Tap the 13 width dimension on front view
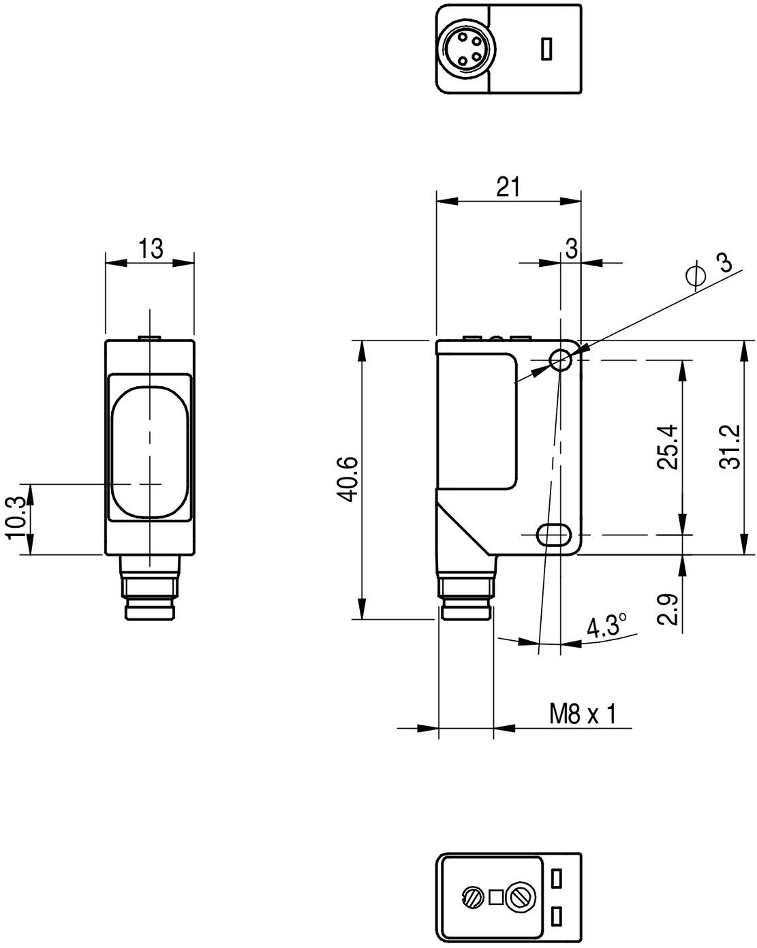coord(151,249)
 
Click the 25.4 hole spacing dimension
coord(668,447)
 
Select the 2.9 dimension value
coord(668,610)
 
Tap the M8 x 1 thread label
coord(583,714)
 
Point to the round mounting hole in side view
coord(561,360)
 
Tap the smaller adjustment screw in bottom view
coord(472,897)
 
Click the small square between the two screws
coord(495,897)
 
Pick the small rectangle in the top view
coord(546,50)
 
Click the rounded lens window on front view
coord(149,452)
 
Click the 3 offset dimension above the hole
coord(571,249)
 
